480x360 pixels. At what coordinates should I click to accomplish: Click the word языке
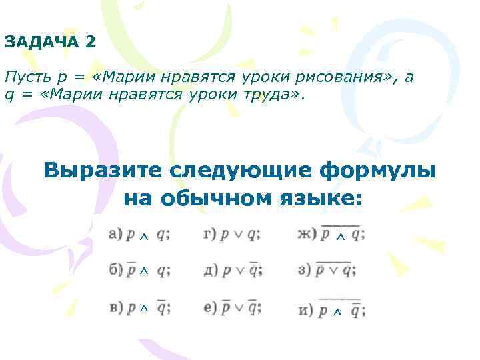click(x=323, y=198)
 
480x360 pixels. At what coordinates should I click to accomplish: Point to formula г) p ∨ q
click(x=231, y=234)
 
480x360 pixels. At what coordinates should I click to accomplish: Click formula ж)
click(x=331, y=234)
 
